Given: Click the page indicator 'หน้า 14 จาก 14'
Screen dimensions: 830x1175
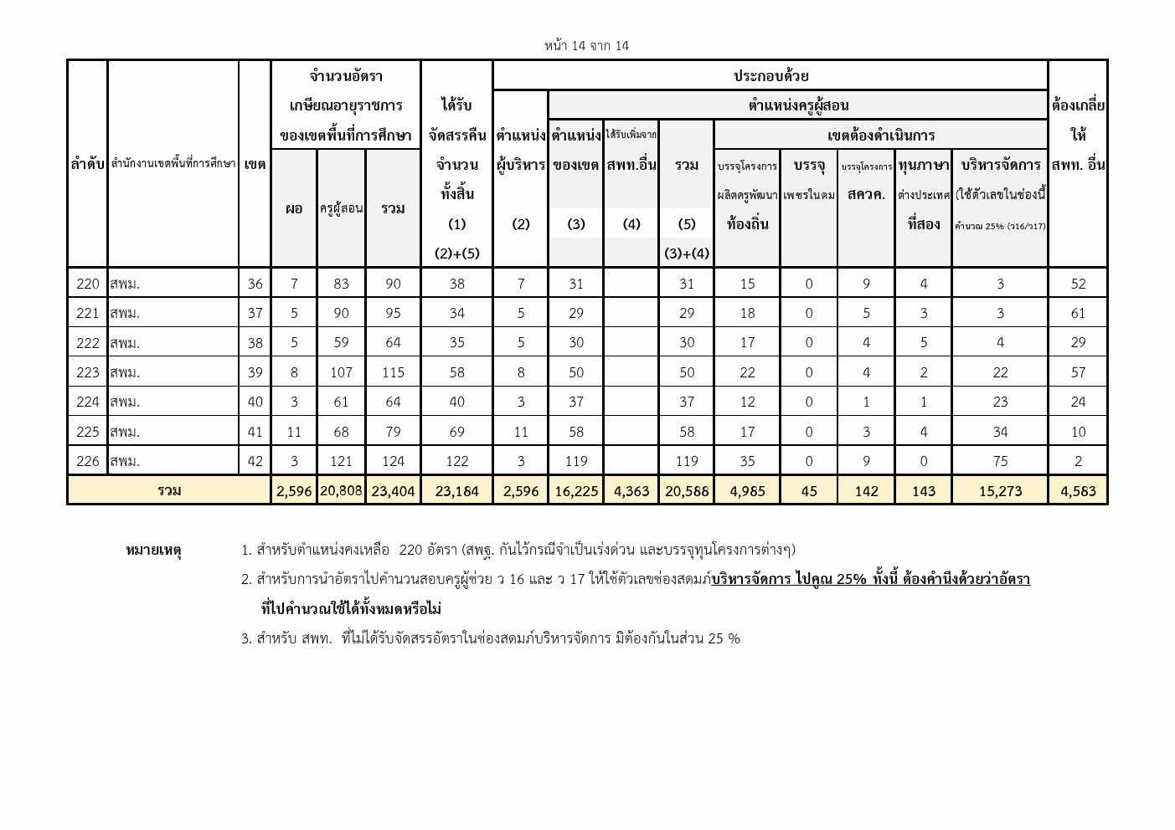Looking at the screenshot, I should click(586, 46).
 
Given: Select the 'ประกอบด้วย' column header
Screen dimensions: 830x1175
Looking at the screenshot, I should click(770, 76).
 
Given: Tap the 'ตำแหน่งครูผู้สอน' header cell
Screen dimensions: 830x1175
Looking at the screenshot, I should click(797, 105).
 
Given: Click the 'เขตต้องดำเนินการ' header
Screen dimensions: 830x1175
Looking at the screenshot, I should click(880, 136).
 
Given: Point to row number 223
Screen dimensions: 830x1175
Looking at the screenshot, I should click(88, 372).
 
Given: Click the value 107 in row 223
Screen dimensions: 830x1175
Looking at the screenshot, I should click(341, 372).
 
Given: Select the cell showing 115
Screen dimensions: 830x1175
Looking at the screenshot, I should click(393, 372).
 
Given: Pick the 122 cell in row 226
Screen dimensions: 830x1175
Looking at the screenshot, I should click(456, 461).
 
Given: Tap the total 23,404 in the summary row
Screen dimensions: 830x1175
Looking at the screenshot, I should click(393, 491).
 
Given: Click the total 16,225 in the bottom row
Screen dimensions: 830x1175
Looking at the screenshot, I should click(575, 491).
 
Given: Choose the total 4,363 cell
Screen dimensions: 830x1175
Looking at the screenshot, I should click(631, 491).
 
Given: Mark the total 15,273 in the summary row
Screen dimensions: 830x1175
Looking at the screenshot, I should click(1000, 491).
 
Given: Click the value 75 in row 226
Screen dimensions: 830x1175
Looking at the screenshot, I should click(1000, 461).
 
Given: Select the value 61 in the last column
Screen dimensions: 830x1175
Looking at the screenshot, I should click(1078, 314).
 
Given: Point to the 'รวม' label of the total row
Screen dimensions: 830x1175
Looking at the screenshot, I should click(169, 490).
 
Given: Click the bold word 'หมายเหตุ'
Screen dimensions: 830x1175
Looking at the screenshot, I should click(153, 551).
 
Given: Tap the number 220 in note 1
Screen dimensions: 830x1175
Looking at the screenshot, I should click(411, 551).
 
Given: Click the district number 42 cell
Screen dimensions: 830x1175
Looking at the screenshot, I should click(255, 461).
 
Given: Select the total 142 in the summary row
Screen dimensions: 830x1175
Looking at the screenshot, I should click(866, 491).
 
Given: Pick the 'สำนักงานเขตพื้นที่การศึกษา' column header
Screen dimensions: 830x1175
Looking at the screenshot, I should click(173, 164).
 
